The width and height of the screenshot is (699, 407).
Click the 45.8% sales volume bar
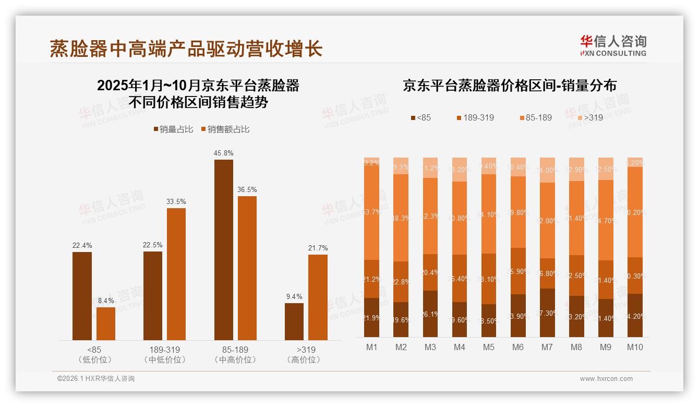tap(224, 250)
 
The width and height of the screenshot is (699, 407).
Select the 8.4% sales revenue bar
tap(106, 324)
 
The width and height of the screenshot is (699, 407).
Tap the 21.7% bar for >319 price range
tap(318, 297)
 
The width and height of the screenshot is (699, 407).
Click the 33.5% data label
tap(176, 201)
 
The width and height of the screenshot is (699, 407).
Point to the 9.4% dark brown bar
tap(294, 321)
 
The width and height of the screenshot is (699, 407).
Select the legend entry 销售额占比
tap(225, 129)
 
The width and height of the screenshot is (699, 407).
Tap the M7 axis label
tap(547, 348)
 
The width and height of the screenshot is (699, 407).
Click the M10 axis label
tap(635, 348)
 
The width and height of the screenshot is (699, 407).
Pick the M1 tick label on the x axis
tap(371, 348)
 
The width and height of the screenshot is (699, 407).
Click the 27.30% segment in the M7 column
tap(547, 313)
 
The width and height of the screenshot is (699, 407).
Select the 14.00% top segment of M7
tap(547, 170)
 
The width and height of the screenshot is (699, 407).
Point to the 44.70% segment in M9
tap(606, 220)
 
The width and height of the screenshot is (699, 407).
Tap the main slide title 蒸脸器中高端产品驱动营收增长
tap(186, 49)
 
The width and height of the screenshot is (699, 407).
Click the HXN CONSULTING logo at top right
tap(613, 45)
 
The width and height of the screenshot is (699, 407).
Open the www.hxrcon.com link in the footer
tap(606, 379)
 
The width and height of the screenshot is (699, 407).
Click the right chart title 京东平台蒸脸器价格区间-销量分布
tap(509, 86)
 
